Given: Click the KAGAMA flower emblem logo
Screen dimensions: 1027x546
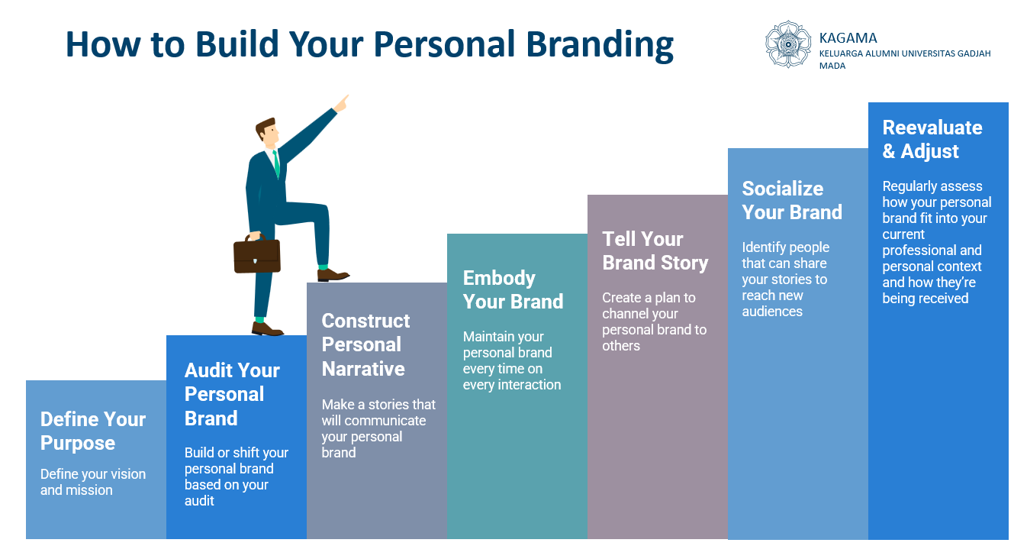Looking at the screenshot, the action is coord(788,44).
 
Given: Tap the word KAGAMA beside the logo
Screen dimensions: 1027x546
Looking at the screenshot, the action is coord(848,37).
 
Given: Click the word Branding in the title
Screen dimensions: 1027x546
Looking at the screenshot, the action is coord(600,45).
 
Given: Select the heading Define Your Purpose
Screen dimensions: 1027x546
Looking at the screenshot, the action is coord(93,431).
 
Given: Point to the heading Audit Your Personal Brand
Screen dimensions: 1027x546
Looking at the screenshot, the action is coord(232,394).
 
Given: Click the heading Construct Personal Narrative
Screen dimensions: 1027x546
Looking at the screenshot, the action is coord(365,344).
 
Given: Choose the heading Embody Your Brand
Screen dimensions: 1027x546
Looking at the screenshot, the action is coord(513,289).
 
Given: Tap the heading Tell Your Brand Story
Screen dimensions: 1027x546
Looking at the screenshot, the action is coord(655,250).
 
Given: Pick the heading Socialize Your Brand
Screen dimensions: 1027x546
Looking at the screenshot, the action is coord(792,201).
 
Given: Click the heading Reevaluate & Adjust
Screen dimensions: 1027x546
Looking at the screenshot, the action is coord(932,139).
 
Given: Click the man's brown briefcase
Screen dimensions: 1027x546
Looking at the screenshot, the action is coord(256,254).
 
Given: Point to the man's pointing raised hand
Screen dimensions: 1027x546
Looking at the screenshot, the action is coord(342,104).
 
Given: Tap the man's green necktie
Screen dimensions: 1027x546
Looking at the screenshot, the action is coord(276,163).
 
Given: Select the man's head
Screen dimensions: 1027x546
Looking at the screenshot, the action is coord(267,132).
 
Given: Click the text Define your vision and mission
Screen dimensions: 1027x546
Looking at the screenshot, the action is coord(93,482).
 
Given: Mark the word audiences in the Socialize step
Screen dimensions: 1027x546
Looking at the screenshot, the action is coord(772,312).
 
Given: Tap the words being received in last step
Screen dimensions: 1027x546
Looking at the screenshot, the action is coord(926,299).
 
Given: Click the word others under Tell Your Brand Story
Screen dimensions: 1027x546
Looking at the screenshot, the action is coord(621,345).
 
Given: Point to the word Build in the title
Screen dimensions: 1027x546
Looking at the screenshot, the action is coord(237,44).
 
